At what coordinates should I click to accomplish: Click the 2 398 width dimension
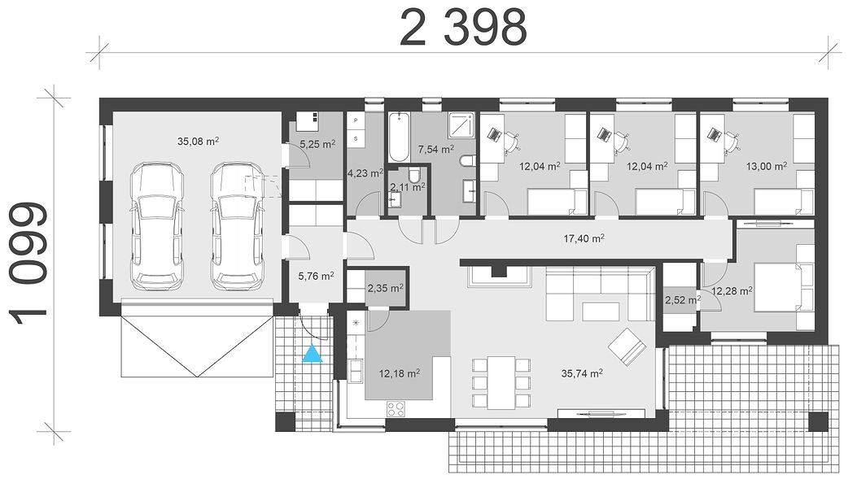463,28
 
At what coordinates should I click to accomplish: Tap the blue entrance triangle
312,354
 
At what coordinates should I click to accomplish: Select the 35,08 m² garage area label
198,141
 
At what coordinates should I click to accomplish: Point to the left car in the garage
157,225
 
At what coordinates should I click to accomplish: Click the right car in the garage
238,225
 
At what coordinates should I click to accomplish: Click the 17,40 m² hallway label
584,238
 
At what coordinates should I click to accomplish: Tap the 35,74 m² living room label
582,373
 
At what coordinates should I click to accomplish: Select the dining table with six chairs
501,383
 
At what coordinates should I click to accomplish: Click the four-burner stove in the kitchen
396,409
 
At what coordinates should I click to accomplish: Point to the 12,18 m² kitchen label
400,373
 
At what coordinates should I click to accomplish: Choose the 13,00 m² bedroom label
767,166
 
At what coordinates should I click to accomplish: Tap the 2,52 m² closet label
683,299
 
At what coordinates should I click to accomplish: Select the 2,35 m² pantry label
385,288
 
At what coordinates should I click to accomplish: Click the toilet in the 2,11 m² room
414,176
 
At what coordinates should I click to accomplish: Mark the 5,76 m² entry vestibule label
316,276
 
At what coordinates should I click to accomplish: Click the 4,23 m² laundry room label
365,174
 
